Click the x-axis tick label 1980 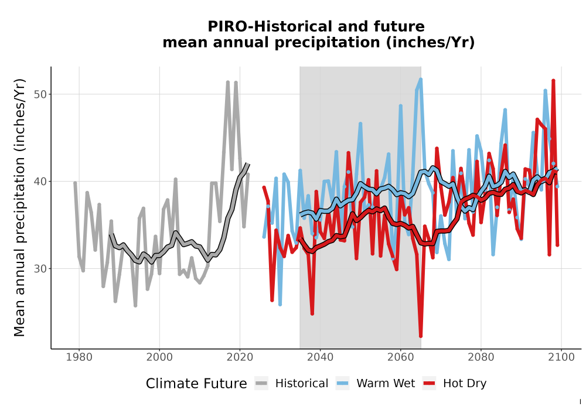79,357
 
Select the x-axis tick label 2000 159,357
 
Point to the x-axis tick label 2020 240,357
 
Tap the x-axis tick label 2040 321,357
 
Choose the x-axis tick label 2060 401,357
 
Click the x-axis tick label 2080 481,357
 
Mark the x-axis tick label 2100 561,357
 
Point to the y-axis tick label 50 40,94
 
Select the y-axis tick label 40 40,182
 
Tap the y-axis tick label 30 40,269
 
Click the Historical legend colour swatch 261,384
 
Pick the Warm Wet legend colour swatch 342,384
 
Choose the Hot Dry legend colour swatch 430,384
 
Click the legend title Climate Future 196,384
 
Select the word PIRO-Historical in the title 268,26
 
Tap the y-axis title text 19,207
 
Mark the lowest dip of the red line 421,336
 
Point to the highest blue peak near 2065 421,79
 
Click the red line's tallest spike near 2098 554,80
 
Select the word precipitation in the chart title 328,43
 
